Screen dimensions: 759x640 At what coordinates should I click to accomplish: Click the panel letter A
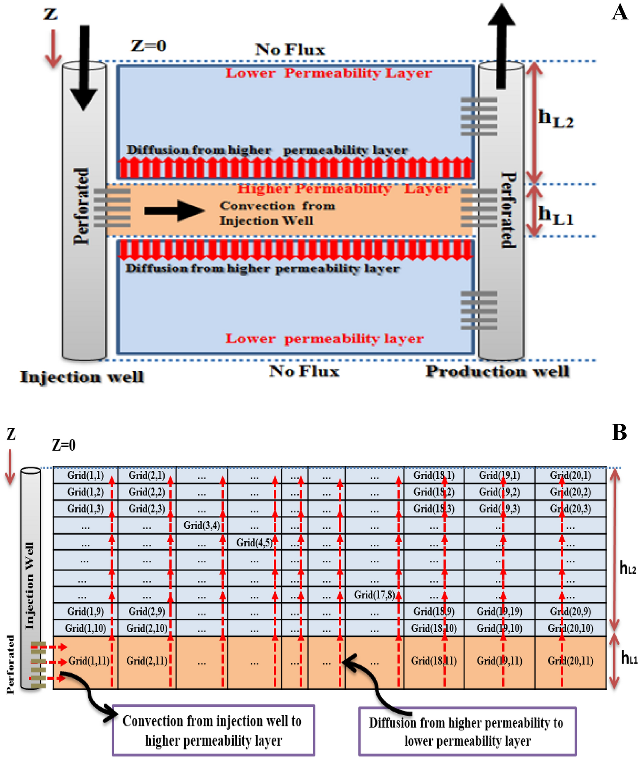pos(620,13)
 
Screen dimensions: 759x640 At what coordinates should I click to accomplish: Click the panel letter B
pos(619,433)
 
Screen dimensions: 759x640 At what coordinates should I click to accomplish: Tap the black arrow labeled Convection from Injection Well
pos(175,211)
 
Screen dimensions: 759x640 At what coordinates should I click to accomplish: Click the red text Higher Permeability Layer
pos(344,189)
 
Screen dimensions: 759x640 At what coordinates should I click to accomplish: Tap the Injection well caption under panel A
pos(82,377)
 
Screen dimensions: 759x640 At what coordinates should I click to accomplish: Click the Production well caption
pos(497,371)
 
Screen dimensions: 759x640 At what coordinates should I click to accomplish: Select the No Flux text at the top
pos(290,50)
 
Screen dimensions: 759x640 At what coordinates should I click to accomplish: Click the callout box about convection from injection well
pos(213,730)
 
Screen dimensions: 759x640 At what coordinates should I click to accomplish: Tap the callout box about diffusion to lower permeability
pos(467,731)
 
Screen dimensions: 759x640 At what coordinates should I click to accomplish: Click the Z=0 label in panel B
pos(64,445)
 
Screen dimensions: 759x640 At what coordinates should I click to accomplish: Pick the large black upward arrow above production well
pos(501,46)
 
